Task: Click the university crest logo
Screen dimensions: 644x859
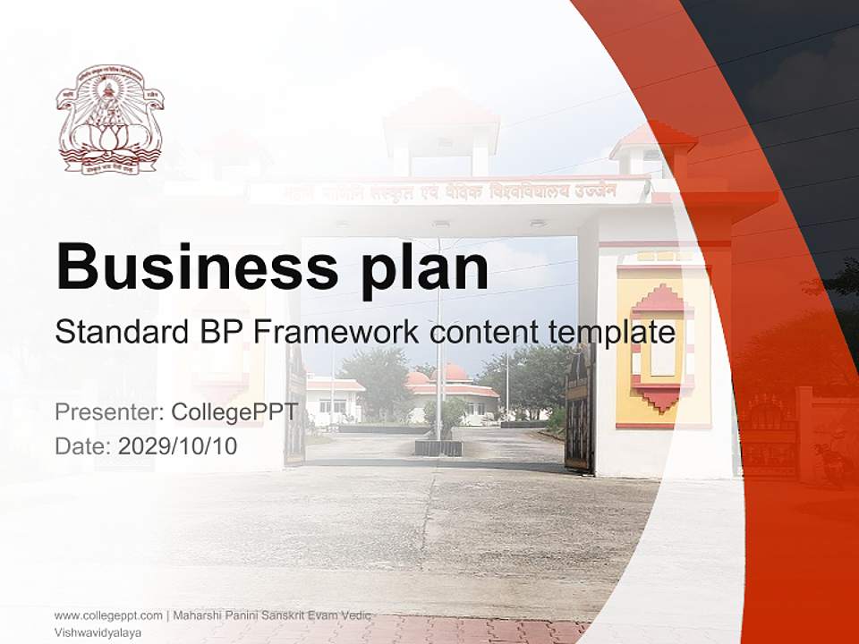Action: click(109, 119)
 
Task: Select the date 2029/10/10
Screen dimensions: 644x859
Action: click(178, 445)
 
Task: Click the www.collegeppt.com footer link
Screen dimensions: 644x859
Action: click(108, 615)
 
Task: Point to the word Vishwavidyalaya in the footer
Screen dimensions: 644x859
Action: click(98, 631)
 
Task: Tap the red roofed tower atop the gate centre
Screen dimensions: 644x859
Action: click(441, 130)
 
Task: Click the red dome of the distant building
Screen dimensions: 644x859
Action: click(455, 372)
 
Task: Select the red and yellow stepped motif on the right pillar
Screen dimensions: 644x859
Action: click(662, 346)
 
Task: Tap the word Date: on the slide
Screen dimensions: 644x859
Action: click(83, 445)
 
